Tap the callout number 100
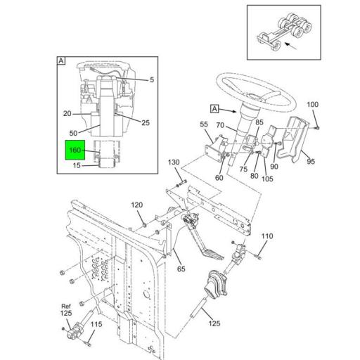(312, 105)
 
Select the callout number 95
(310, 161)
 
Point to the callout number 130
(173, 162)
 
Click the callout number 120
(137, 205)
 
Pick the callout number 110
(267, 236)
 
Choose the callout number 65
(181, 269)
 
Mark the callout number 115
(96, 324)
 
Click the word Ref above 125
(65, 306)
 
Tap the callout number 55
(205, 124)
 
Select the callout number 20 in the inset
(67, 113)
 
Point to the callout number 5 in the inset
(152, 79)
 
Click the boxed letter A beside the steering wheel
(215, 109)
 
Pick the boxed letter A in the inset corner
(61, 62)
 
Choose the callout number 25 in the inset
(146, 122)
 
